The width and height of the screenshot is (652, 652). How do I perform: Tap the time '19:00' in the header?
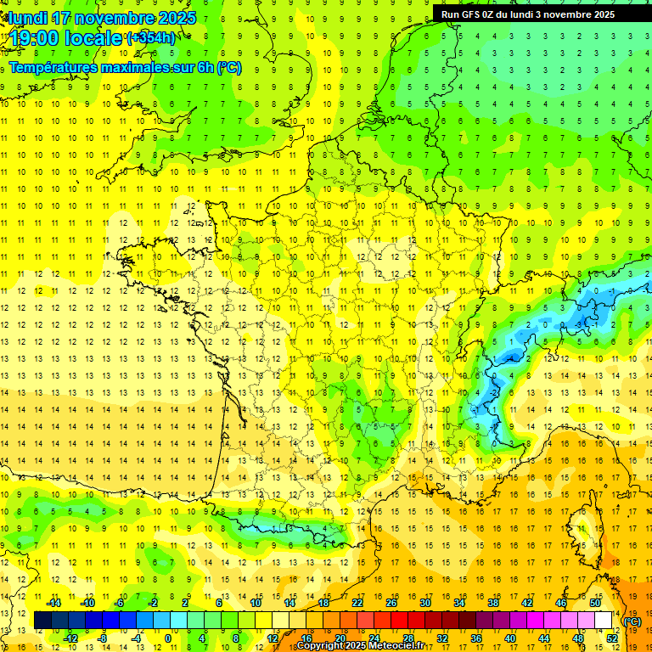35,38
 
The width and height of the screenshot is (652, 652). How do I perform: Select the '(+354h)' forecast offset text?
151,38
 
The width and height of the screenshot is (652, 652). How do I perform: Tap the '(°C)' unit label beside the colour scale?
633,621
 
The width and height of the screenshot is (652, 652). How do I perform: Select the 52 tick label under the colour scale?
612,638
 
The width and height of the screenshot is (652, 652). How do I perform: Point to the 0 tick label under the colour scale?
168,638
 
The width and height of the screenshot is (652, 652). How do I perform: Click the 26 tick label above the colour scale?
391,603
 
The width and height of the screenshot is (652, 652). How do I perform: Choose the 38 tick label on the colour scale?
493,603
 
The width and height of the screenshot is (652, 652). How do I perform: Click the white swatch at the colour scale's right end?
604,621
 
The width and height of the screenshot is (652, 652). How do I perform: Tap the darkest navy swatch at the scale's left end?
42,621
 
